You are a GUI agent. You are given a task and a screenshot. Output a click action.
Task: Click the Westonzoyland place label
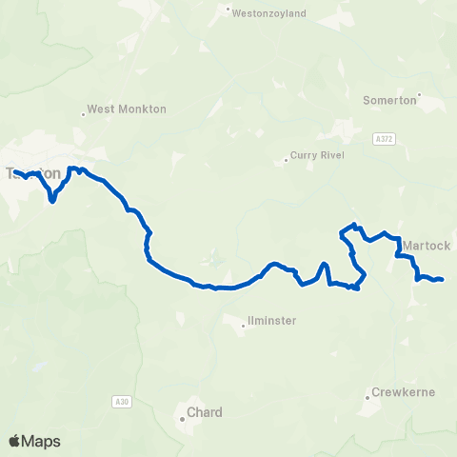click(x=269, y=12)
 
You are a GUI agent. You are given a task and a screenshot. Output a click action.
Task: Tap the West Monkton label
click(x=127, y=109)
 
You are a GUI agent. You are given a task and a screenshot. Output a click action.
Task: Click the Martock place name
click(x=426, y=246)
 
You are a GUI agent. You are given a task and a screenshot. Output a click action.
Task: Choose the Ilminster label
click(x=271, y=322)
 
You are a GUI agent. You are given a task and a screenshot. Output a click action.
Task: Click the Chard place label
click(x=205, y=412)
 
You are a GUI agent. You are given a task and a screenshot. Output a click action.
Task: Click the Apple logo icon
click(x=15, y=441)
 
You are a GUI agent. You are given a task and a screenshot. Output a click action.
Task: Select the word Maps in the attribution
click(x=41, y=441)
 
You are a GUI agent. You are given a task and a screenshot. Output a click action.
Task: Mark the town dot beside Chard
click(x=182, y=417)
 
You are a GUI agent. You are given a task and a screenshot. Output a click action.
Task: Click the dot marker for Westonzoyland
click(x=229, y=12)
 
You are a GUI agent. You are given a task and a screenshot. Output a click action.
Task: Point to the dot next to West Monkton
click(x=84, y=114)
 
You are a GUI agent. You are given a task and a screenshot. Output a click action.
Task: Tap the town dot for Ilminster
click(x=244, y=326)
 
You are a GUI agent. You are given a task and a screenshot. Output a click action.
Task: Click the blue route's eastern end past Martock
click(x=443, y=279)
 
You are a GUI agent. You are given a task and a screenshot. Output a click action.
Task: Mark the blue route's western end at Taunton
click(x=14, y=171)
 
